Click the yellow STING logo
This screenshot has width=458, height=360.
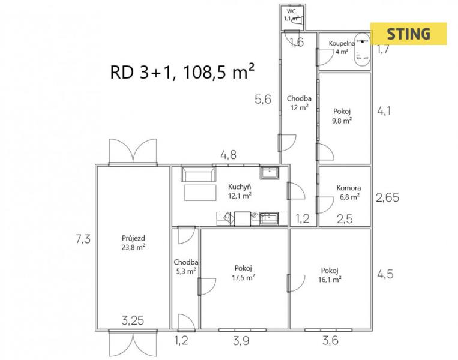click(408, 34)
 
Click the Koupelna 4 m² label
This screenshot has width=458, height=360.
click(342, 47)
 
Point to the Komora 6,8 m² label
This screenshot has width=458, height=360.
click(349, 193)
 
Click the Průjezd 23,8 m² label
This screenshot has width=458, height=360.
click(133, 243)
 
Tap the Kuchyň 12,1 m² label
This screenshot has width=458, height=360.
click(240, 191)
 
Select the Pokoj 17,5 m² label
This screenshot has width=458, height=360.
click(243, 273)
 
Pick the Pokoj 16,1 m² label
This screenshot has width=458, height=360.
click(330, 275)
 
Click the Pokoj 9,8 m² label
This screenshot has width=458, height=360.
click(342, 116)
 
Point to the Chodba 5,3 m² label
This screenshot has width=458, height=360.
click(185, 266)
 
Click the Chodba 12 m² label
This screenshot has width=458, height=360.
click(299, 103)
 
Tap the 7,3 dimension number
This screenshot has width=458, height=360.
click(83, 239)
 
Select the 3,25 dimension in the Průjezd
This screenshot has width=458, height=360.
click(133, 320)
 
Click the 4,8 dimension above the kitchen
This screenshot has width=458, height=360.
click(229, 155)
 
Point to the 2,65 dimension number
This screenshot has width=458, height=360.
click(387, 197)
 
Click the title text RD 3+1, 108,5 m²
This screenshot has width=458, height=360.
click(182, 72)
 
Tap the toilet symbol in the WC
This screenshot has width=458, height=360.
click(298, 21)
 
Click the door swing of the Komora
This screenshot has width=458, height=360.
click(325, 205)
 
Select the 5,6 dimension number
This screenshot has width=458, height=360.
click(263, 99)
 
